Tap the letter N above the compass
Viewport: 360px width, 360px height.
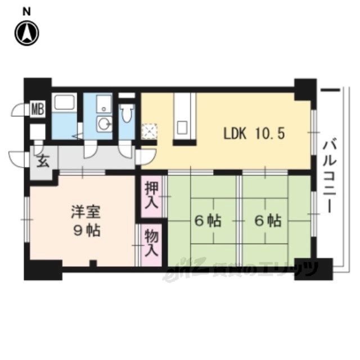(x=26, y=12)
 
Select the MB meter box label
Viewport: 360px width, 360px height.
(x=38, y=109)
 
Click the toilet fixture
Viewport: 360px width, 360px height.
(x=128, y=113)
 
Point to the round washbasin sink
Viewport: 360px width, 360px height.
(x=104, y=124)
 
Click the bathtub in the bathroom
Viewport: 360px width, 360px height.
(x=64, y=103)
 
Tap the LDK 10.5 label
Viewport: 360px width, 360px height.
(x=254, y=133)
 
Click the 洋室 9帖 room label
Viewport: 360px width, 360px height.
(x=86, y=221)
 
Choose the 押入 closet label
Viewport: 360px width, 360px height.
(x=151, y=196)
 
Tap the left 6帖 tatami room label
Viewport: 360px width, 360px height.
(x=208, y=220)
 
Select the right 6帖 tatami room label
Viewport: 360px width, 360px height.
(x=268, y=220)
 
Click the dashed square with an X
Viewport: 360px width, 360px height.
(x=150, y=132)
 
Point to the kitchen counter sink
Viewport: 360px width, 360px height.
(x=183, y=128)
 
